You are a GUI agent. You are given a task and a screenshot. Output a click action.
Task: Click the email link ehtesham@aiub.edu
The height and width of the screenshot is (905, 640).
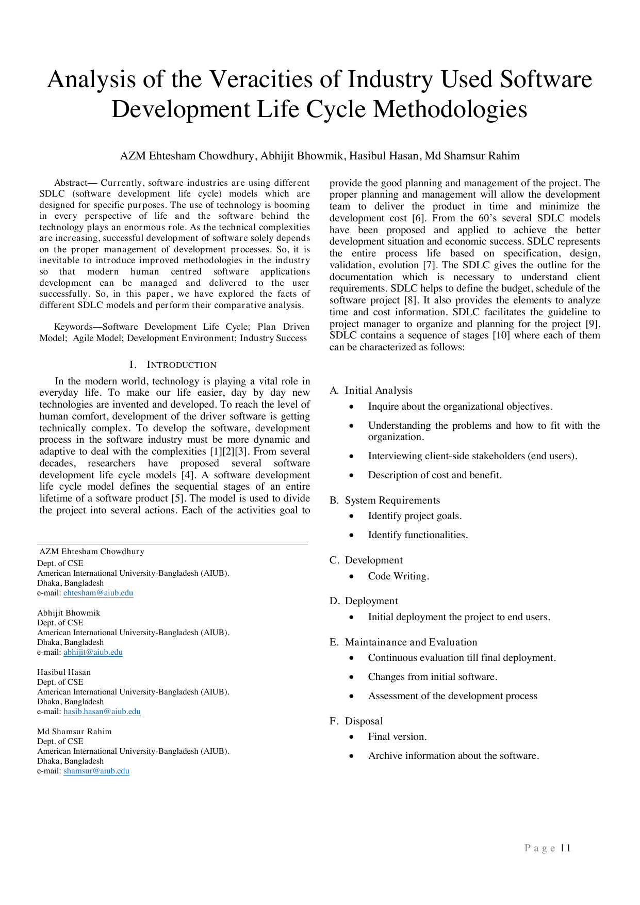pyautogui.click(x=98, y=593)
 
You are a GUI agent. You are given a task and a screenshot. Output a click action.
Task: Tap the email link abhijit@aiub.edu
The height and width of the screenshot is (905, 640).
pyautogui.click(x=93, y=652)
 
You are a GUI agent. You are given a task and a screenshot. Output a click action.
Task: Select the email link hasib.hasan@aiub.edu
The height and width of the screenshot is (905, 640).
pyautogui.click(x=102, y=712)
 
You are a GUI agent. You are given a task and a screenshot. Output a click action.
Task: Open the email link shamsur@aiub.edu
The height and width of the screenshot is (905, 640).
pyautogui.click(x=96, y=771)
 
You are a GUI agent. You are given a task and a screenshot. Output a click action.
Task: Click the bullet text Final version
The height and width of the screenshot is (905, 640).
pyautogui.click(x=397, y=737)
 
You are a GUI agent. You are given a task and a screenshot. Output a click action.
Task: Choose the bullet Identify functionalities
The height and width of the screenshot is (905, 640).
pyautogui.click(x=418, y=535)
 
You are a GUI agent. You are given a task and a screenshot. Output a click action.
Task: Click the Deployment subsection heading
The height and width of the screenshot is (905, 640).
pyautogui.click(x=371, y=601)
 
